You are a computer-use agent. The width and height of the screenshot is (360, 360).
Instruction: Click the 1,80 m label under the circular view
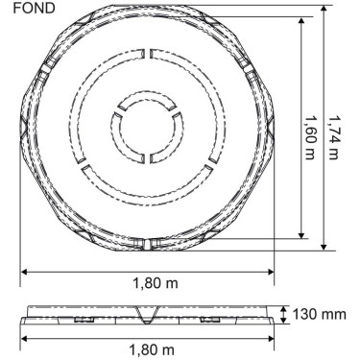[148, 284]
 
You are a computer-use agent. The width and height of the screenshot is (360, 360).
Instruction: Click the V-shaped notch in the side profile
[147, 317]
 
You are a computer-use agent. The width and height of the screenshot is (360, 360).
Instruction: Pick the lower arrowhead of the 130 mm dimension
[285, 323]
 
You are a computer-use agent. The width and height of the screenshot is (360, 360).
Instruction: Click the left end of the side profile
[24, 317]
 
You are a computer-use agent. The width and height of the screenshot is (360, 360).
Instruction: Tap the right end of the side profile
[272, 317]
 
